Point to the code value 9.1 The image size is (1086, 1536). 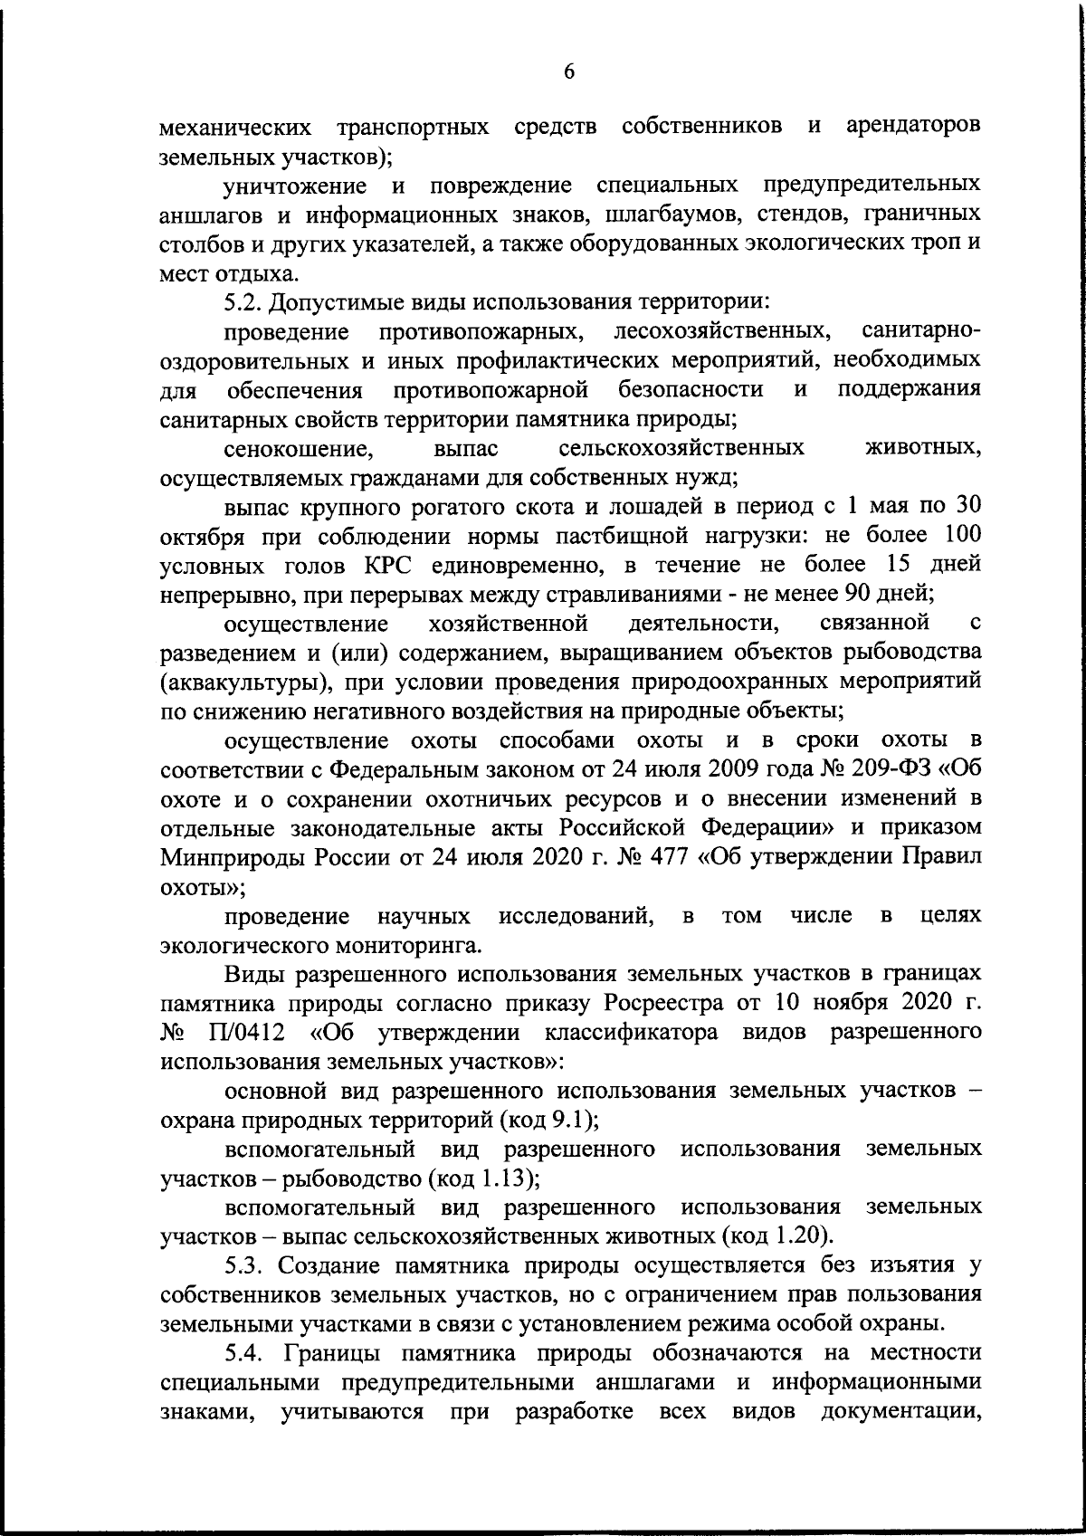click(x=568, y=1121)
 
